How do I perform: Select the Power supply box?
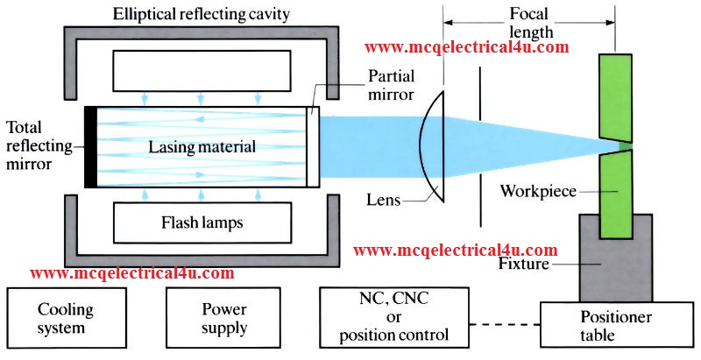(x=223, y=319)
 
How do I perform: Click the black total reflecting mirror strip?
(x=90, y=147)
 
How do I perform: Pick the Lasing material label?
(x=202, y=148)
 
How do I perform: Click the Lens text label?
(x=384, y=201)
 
